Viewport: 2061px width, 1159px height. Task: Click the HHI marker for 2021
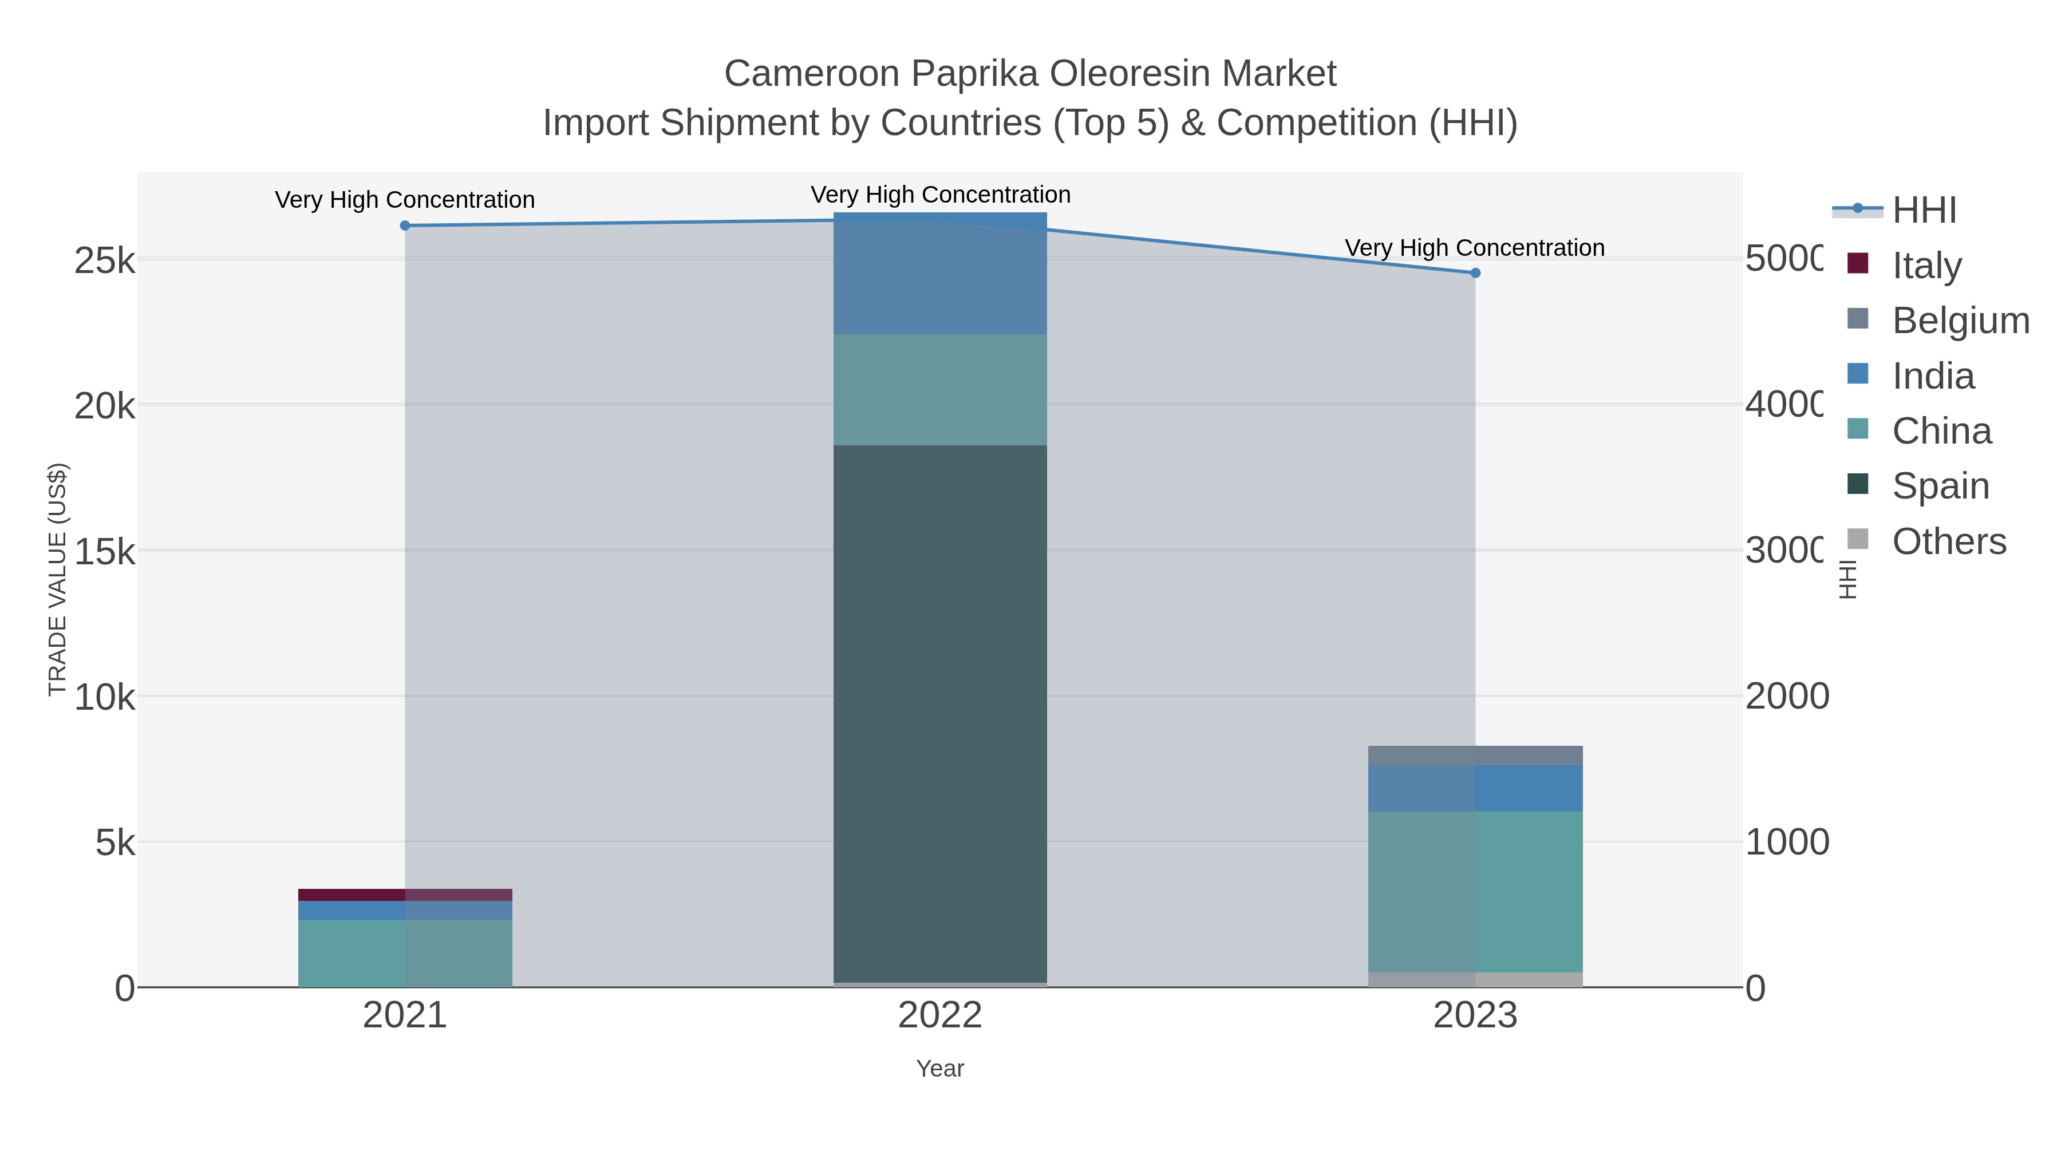tap(405, 226)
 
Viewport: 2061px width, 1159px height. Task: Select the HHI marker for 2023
tap(1475, 273)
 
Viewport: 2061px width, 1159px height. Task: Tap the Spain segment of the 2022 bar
tap(940, 712)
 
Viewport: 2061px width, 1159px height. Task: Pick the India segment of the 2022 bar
tap(940, 274)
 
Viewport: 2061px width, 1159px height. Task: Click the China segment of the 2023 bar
tap(1475, 892)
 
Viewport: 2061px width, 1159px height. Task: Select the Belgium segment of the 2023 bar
tap(1475, 755)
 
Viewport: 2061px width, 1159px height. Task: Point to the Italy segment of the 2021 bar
tap(405, 894)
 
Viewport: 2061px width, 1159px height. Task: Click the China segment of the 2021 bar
tap(405, 952)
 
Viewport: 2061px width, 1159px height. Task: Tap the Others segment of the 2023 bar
tap(1475, 980)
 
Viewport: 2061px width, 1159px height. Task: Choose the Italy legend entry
tap(1926, 265)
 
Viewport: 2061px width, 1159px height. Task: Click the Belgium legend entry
tap(1960, 320)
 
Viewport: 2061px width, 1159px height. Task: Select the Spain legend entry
tap(1940, 485)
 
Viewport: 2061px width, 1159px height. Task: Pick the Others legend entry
tap(1948, 541)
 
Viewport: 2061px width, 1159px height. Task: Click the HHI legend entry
tap(1924, 211)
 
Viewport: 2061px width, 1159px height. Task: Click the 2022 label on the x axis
tap(940, 1015)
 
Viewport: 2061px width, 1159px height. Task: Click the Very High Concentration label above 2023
tap(1475, 248)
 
